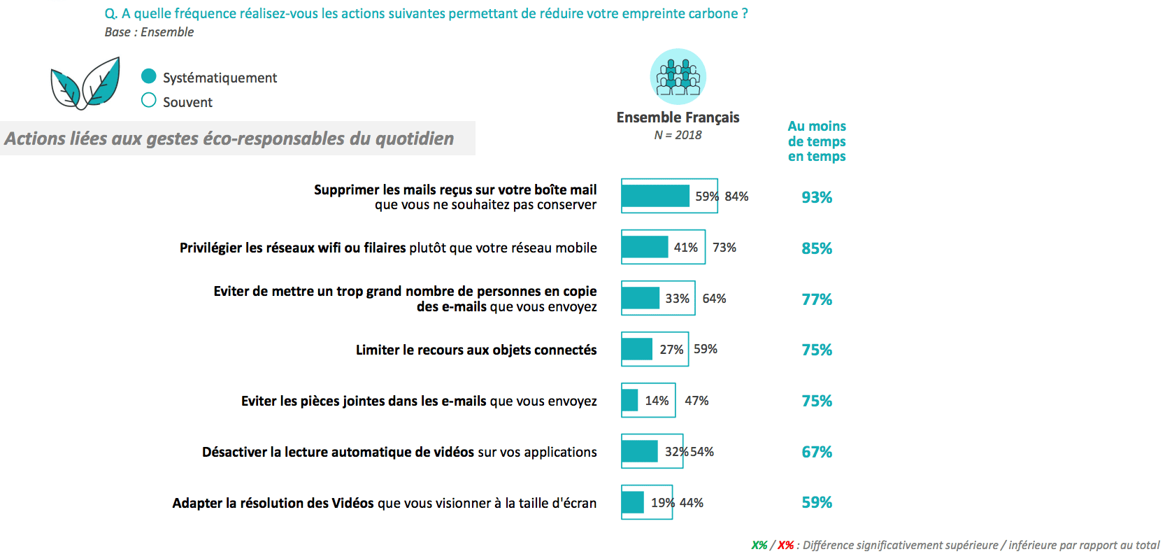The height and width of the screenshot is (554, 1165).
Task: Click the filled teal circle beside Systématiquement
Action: coord(149,76)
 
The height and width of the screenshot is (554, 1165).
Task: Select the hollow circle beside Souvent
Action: coord(149,100)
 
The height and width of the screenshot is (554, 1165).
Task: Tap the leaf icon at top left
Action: coord(85,85)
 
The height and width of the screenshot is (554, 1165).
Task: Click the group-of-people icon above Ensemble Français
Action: coord(678,76)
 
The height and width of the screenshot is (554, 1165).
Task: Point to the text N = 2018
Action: coord(678,135)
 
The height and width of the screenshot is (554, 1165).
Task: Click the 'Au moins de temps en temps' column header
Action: coord(817,141)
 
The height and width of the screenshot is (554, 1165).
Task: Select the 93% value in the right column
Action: coord(817,197)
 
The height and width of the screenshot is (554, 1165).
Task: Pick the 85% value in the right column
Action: coord(817,248)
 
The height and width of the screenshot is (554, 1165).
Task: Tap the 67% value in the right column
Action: coord(817,452)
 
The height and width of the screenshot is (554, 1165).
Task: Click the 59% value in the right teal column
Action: coord(817,502)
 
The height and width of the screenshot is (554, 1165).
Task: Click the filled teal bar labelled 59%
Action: coord(655,196)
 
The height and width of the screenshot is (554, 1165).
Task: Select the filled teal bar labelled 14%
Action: coord(630,400)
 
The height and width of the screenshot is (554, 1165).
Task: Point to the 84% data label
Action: coord(736,197)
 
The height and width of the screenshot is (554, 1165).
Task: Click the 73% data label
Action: coord(724,248)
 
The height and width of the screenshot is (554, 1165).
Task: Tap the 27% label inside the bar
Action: coord(671,349)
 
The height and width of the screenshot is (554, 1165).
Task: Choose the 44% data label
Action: coord(692,503)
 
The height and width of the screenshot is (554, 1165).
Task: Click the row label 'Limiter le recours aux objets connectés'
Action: coord(476,350)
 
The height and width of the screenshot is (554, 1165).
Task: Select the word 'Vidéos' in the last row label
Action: coord(352,503)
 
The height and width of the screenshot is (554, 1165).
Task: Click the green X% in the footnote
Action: coord(759,545)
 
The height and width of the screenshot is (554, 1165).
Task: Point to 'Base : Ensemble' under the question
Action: coord(149,32)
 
